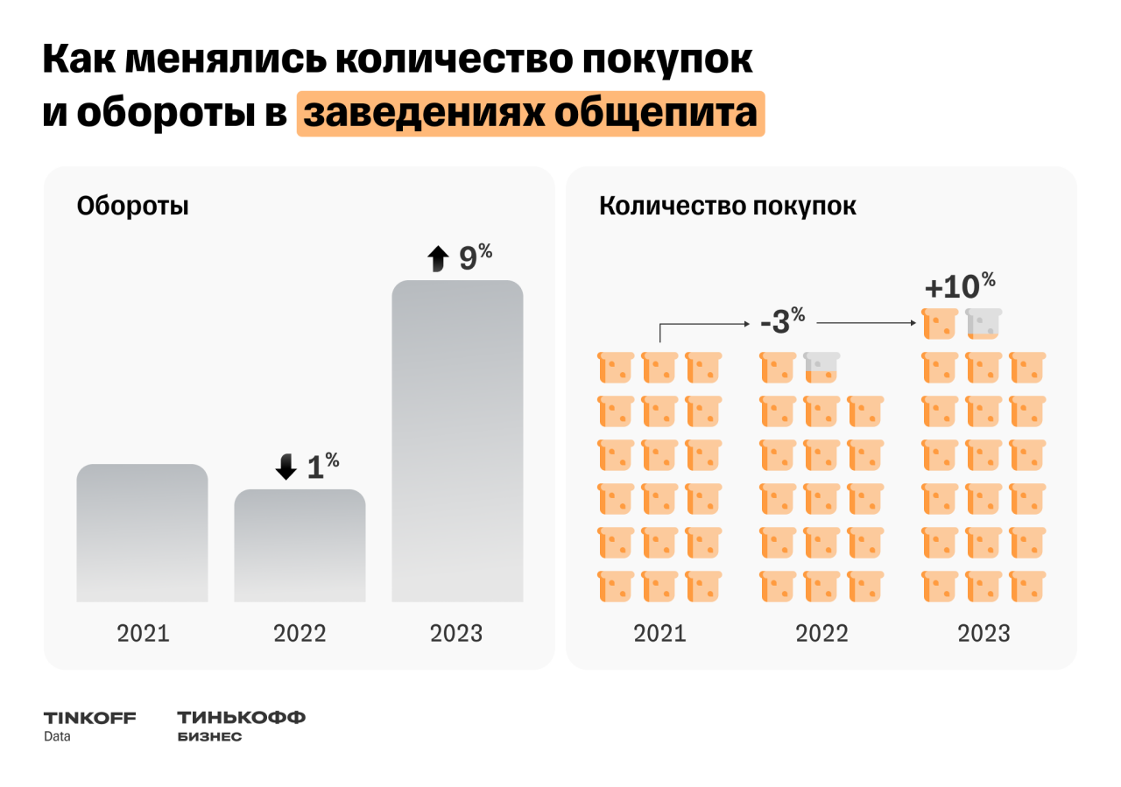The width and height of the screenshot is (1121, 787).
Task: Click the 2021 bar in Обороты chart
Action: pyautogui.click(x=142, y=533)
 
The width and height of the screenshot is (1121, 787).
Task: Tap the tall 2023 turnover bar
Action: pyautogui.click(x=457, y=441)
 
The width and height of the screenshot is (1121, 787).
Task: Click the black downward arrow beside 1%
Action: pyautogui.click(x=286, y=467)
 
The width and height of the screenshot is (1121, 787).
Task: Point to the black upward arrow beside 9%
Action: pyautogui.click(x=437, y=258)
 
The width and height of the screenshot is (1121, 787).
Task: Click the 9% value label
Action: pyautogui.click(x=476, y=257)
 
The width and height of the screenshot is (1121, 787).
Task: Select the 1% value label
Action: pyautogui.click(x=322, y=467)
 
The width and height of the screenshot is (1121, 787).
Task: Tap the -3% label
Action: pyautogui.click(x=782, y=321)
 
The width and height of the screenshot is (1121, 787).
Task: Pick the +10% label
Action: pyautogui.click(x=960, y=286)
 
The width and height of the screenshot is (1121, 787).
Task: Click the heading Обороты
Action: pyautogui.click(x=133, y=207)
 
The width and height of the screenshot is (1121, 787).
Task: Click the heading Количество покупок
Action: pyautogui.click(x=728, y=207)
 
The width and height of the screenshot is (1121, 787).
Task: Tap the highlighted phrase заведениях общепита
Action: pyautogui.click(x=530, y=114)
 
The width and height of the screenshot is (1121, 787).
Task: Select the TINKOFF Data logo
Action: pyautogui.click(x=89, y=726)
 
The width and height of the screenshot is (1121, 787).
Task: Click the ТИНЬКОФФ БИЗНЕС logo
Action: pyautogui.click(x=241, y=726)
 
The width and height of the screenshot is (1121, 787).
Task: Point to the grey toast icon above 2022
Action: pyautogui.click(x=821, y=367)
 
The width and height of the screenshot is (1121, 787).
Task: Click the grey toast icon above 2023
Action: pyautogui.click(x=984, y=323)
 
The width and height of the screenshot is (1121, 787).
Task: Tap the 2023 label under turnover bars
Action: pyautogui.click(x=456, y=633)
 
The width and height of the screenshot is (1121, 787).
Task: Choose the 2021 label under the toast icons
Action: pyautogui.click(x=659, y=633)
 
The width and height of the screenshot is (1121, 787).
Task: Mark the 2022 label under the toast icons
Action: pyautogui.click(x=821, y=633)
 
